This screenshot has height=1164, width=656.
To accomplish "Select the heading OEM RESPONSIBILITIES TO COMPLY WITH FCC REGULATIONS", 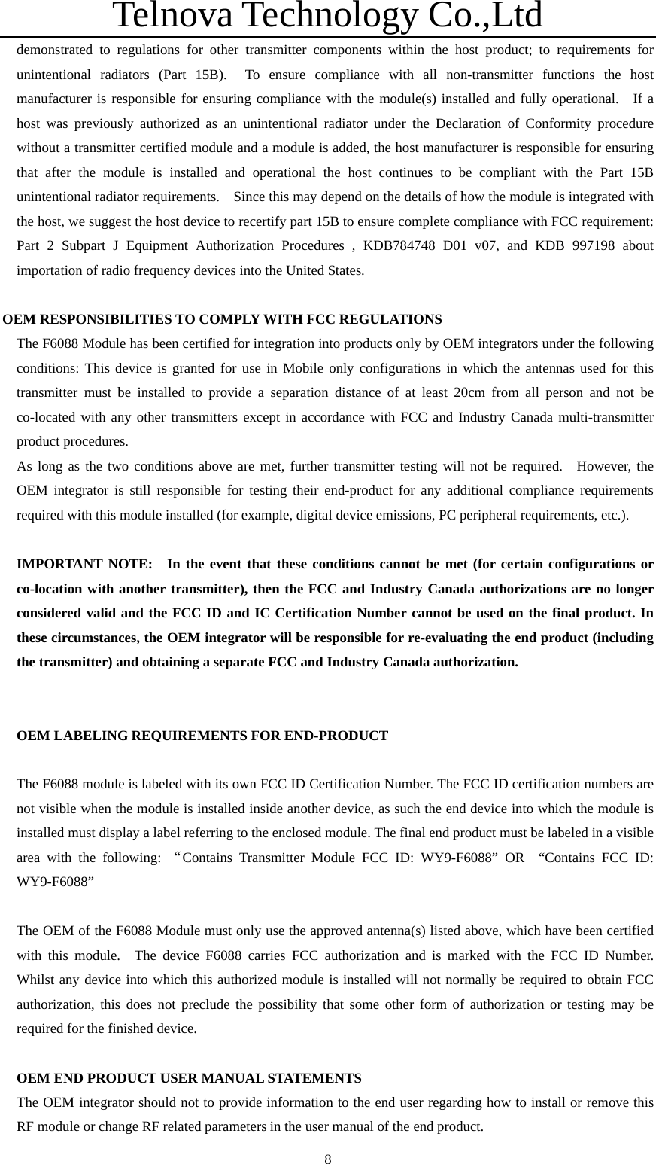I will [223, 319].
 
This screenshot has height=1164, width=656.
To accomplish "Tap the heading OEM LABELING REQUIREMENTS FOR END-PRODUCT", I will [202, 736].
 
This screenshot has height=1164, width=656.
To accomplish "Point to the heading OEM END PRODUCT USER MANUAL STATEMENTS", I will [189, 1078].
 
